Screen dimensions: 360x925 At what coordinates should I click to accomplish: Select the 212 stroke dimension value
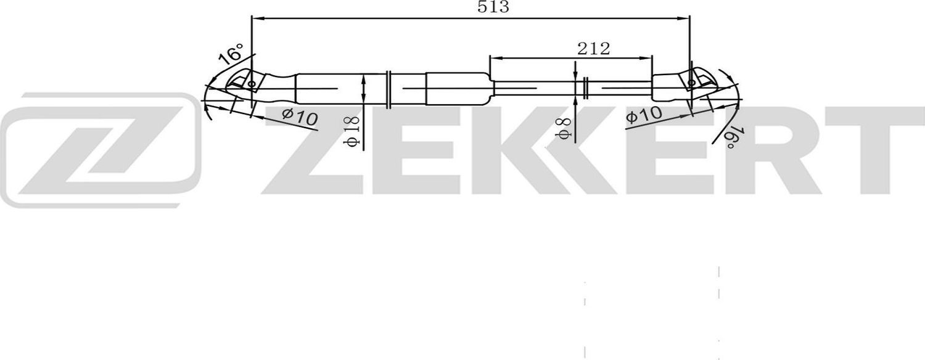coord(593,49)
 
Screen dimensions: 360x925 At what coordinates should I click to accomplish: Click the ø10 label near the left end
coord(300,116)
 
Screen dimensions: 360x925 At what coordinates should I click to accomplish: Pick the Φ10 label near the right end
coord(643,115)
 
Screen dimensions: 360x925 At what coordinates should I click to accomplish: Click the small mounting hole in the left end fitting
coord(251,85)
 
